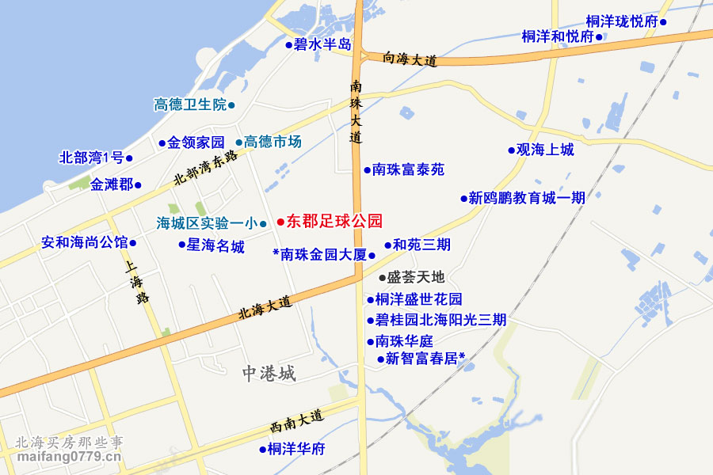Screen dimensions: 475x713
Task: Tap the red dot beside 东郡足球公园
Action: [x=280, y=222]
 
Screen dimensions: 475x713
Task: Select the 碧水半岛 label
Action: [x=322, y=45]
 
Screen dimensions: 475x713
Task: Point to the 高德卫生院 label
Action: [x=190, y=104]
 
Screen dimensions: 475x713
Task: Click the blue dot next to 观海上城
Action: [x=511, y=150]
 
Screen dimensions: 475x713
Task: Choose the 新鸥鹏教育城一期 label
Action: [x=527, y=198]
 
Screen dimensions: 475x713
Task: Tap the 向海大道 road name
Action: [x=410, y=59]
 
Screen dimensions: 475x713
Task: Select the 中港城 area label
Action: [x=269, y=374]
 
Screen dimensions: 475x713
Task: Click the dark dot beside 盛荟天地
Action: [x=382, y=278]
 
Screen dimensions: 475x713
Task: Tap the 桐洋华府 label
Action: [x=296, y=450]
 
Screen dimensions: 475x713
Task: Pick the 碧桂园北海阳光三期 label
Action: [x=441, y=321]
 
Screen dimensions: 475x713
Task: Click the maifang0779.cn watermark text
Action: [x=69, y=457]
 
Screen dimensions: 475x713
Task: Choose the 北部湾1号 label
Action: [x=91, y=158]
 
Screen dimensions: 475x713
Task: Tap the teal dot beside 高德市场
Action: [x=239, y=143]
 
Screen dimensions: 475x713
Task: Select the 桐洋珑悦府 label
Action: [x=622, y=21]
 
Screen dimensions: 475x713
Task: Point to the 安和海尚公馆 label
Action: [x=85, y=242]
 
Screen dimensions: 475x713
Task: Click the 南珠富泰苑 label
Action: [x=408, y=169]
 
